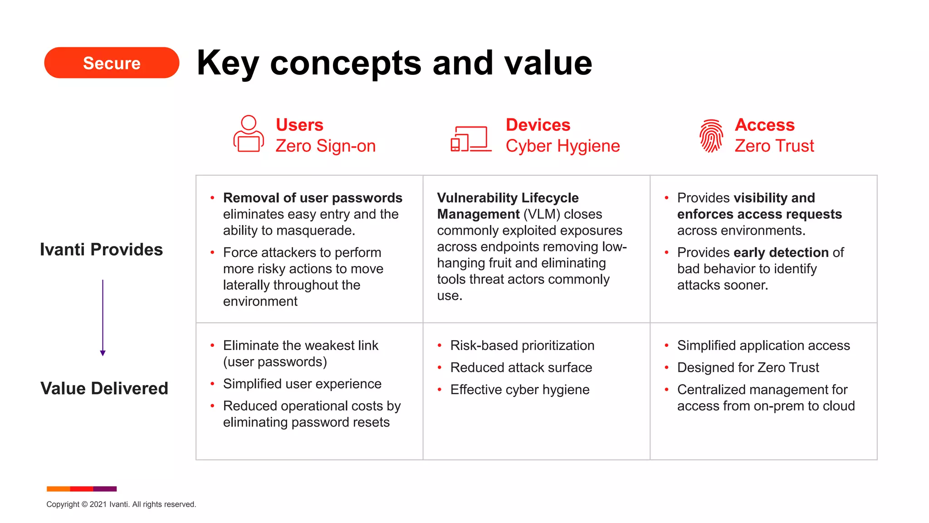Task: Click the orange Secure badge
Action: point(112,63)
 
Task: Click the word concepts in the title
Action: point(346,64)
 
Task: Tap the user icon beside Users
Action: point(249,133)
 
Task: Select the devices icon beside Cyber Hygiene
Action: point(471,139)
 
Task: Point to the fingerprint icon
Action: point(711,135)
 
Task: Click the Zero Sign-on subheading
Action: point(325,146)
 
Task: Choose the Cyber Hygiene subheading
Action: point(562,146)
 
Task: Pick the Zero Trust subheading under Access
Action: point(774,146)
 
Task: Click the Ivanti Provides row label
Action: point(101,250)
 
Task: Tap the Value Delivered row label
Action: point(104,389)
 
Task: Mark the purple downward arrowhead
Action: point(103,353)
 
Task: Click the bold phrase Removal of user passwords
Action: point(313,198)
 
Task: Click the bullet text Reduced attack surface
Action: point(521,367)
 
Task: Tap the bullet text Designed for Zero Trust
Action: point(748,367)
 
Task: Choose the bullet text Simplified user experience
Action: point(302,384)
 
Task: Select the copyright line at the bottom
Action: point(121,504)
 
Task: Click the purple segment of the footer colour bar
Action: point(105,489)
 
